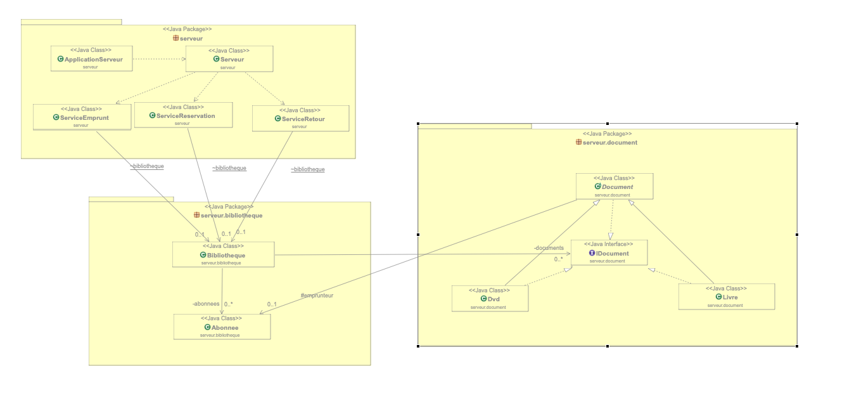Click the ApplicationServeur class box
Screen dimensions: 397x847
tap(91, 59)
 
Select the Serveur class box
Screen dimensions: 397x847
tap(229, 59)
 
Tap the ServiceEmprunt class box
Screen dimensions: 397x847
tap(82, 117)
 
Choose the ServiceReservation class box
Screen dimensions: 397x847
tap(183, 115)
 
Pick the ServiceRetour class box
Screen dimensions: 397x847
tap(300, 119)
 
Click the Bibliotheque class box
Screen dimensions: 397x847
tap(223, 255)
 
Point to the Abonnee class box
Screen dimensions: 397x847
tap(222, 327)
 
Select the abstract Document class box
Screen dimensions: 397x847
tap(614, 187)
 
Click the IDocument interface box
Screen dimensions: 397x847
tap(608, 253)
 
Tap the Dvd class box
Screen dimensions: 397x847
tap(490, 299)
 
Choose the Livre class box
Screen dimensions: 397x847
tap(726, 297)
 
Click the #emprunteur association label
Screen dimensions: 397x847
tap(317, 296)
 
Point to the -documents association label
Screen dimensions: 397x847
tap(548, 248)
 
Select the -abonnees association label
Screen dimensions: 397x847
tap(205, 304)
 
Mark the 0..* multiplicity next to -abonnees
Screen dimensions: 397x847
tap(229, 304)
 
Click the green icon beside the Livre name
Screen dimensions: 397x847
tap(718, 297)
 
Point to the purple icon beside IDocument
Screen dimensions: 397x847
tap(592, 253)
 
